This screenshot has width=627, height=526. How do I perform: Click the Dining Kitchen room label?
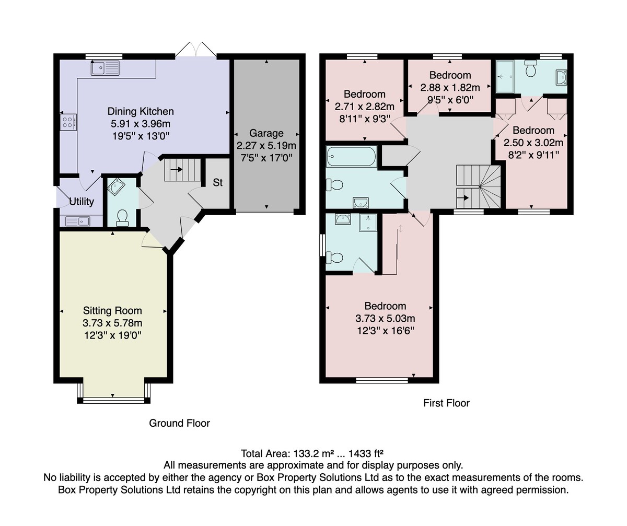tap(141, 111)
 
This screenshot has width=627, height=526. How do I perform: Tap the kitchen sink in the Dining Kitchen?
tap(105, 68)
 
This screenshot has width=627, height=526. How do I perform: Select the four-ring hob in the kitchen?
tap(68, 122)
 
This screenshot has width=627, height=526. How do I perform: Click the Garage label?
tap(266, 133)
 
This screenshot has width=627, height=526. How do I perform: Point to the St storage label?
tap(218, 182)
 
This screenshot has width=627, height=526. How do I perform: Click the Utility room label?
tap(82, 202)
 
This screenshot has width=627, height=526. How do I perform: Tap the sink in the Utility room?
tap(77, 221)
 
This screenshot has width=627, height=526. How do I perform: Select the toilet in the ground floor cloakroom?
tap(122, 218)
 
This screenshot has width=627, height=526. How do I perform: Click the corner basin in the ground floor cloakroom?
tap(115, 186)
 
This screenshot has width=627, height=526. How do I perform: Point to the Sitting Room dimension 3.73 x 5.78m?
tap(112, 323)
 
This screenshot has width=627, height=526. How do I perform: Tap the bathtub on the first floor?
tap(351, 156)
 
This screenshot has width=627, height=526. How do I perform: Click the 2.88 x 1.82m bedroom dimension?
tap(450, 88)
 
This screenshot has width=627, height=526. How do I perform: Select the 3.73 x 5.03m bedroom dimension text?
tap(385, 318)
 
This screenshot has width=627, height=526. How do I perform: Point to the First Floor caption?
tap(446, 403)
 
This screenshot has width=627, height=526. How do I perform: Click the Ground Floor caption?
tap(179, 423)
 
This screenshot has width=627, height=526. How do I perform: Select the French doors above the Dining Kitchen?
tap(195, 50)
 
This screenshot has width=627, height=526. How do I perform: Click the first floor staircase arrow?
tap(462, 198)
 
